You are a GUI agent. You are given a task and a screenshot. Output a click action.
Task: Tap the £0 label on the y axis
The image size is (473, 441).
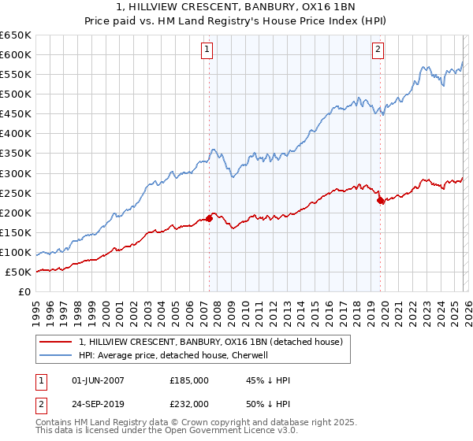point(25,292)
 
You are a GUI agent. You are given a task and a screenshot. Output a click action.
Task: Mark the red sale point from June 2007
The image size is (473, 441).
point(209,218)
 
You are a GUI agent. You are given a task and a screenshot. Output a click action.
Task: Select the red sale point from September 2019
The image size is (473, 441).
point(380,200)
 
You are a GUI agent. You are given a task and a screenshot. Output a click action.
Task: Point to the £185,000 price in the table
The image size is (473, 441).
point(189,380)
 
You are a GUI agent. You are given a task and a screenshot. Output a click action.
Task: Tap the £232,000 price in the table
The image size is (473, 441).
point(189,402)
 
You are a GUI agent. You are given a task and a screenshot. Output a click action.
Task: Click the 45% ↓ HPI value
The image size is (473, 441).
point(268,380)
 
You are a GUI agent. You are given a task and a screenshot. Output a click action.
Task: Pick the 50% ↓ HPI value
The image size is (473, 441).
point(268,402)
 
